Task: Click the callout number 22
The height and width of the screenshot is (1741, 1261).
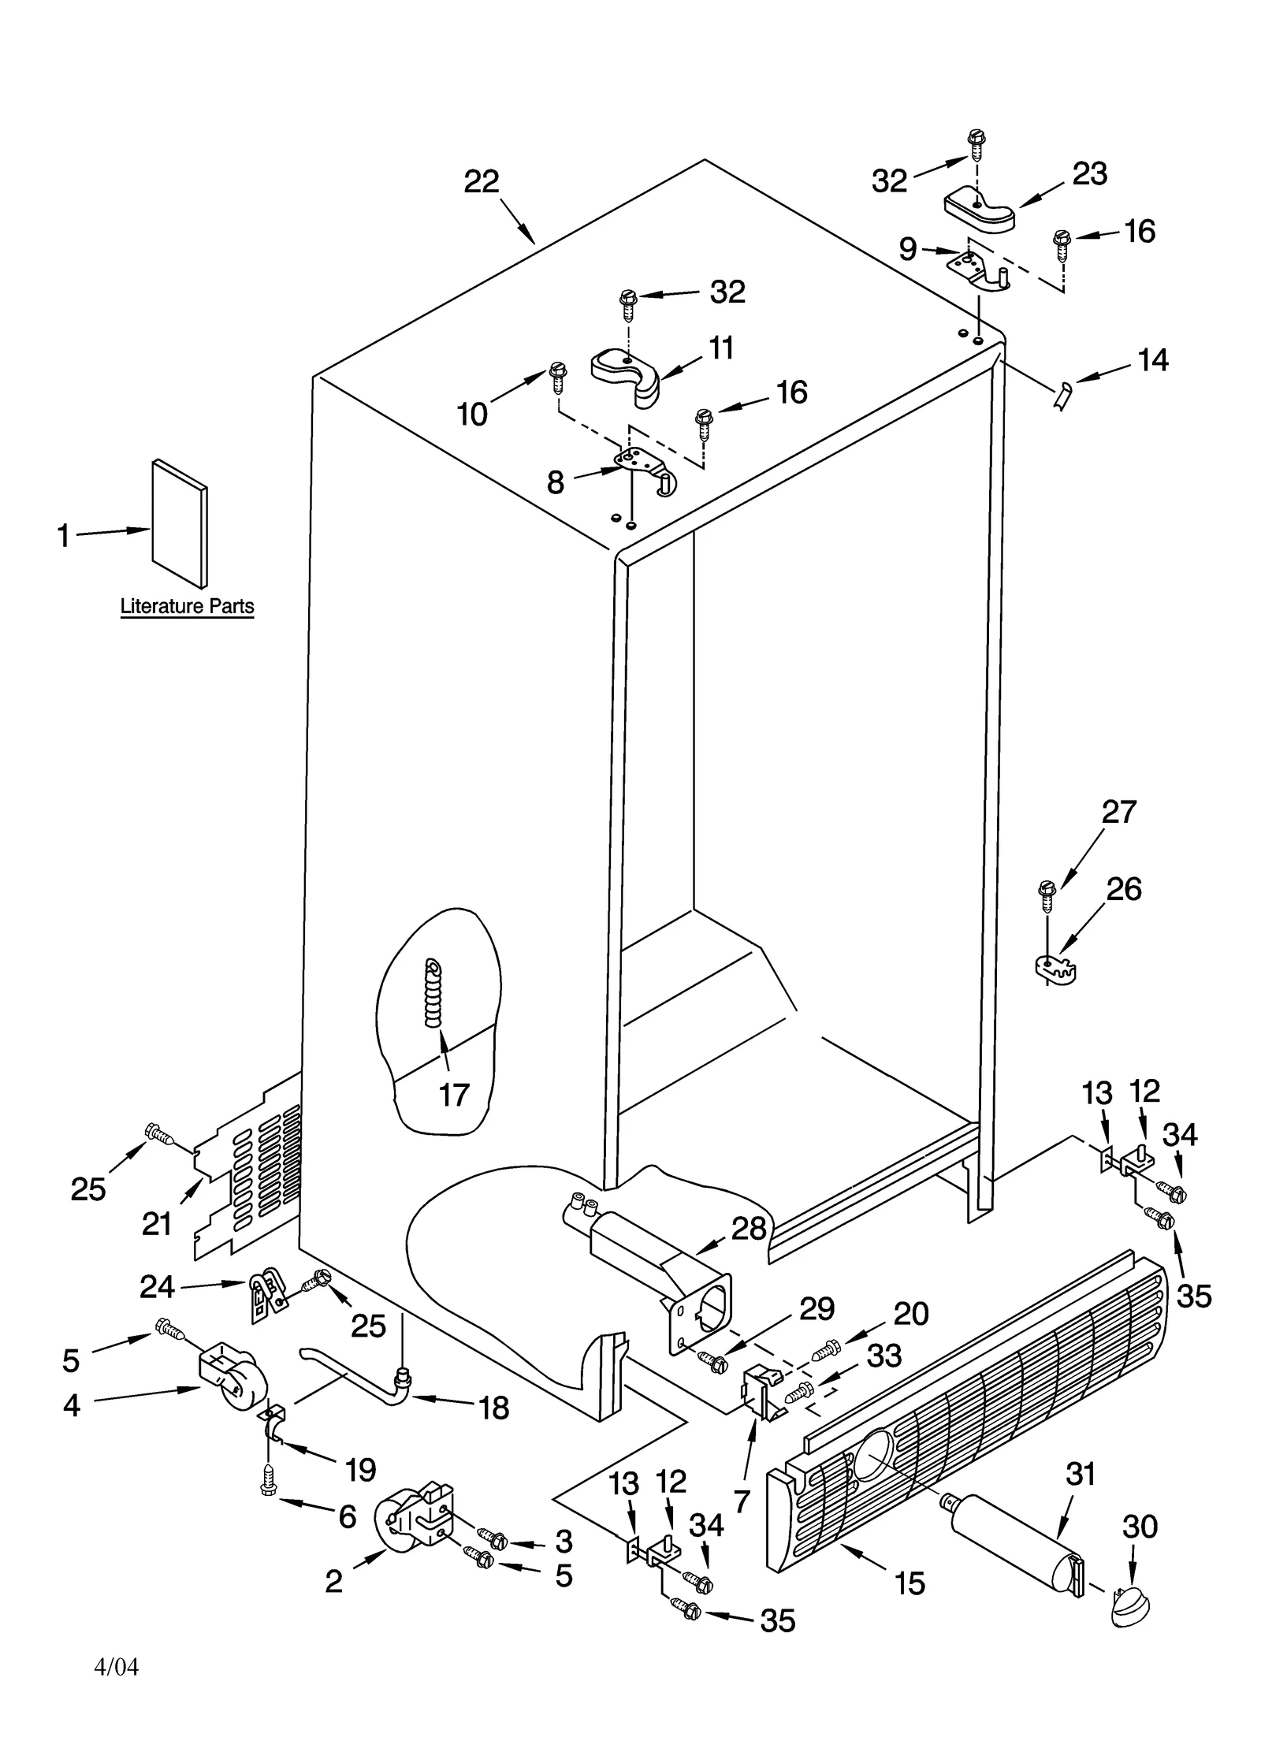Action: coord(481,182)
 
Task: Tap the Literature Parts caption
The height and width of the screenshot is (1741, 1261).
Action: coord(187,606)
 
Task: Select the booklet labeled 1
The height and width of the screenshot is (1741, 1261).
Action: coord(180,523)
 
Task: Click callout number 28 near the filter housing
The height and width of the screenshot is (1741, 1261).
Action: coord(748,1228)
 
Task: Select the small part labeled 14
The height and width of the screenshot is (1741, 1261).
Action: coord(1060,394)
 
